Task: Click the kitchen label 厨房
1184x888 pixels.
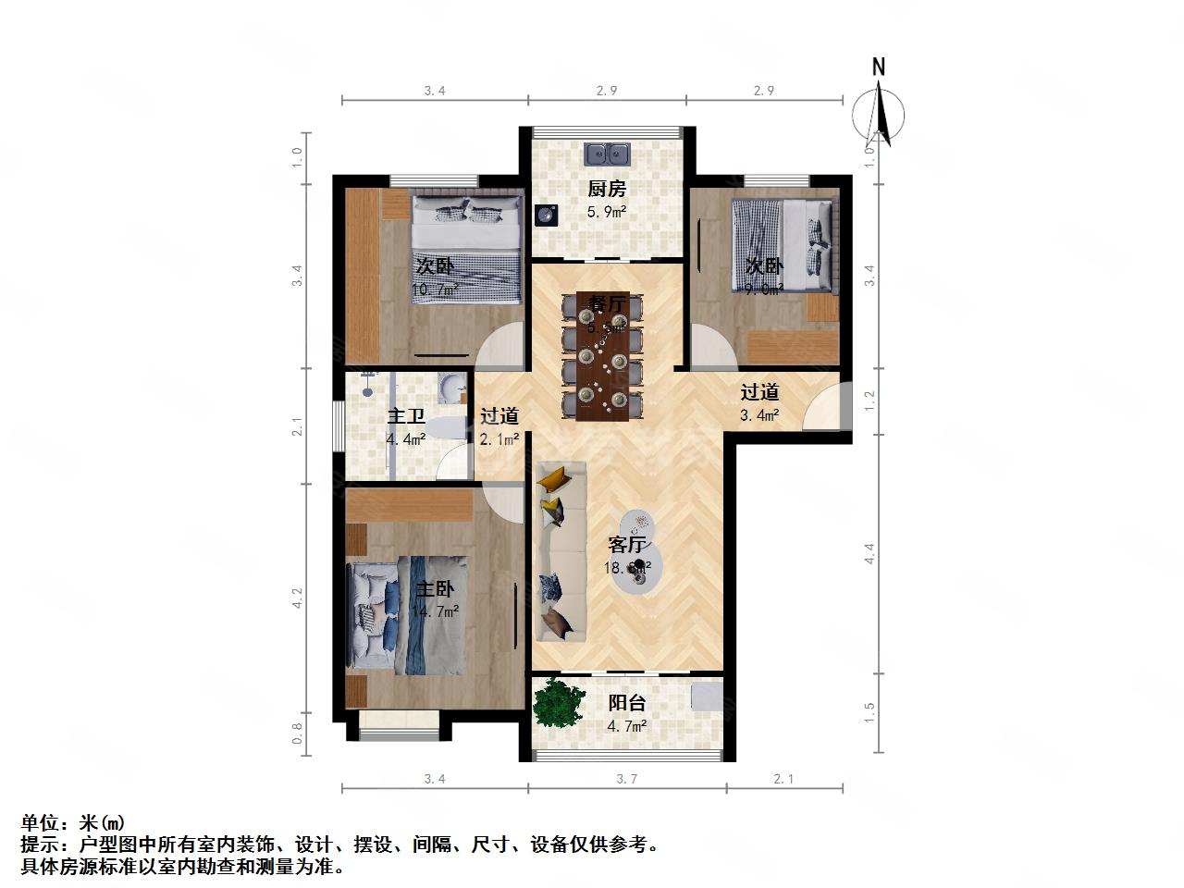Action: coord(607,189)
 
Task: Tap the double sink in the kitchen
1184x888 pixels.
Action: coord(607,153)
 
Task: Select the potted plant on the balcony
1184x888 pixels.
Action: coord(559,703)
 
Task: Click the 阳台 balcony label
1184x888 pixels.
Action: coord(626,703)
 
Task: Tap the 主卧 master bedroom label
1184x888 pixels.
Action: coord(434,589)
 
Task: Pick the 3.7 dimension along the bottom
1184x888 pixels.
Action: coord(627,779)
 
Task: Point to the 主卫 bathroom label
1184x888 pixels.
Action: coord(405,416)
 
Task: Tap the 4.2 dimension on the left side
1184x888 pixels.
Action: coord(298,598)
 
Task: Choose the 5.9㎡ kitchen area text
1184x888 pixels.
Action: coord(607,212)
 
